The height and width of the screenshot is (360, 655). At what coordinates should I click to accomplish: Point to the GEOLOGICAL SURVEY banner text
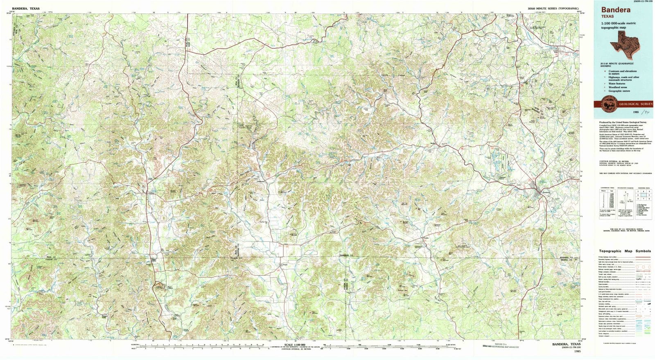633,104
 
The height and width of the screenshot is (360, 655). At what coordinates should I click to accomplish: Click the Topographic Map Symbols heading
624,251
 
